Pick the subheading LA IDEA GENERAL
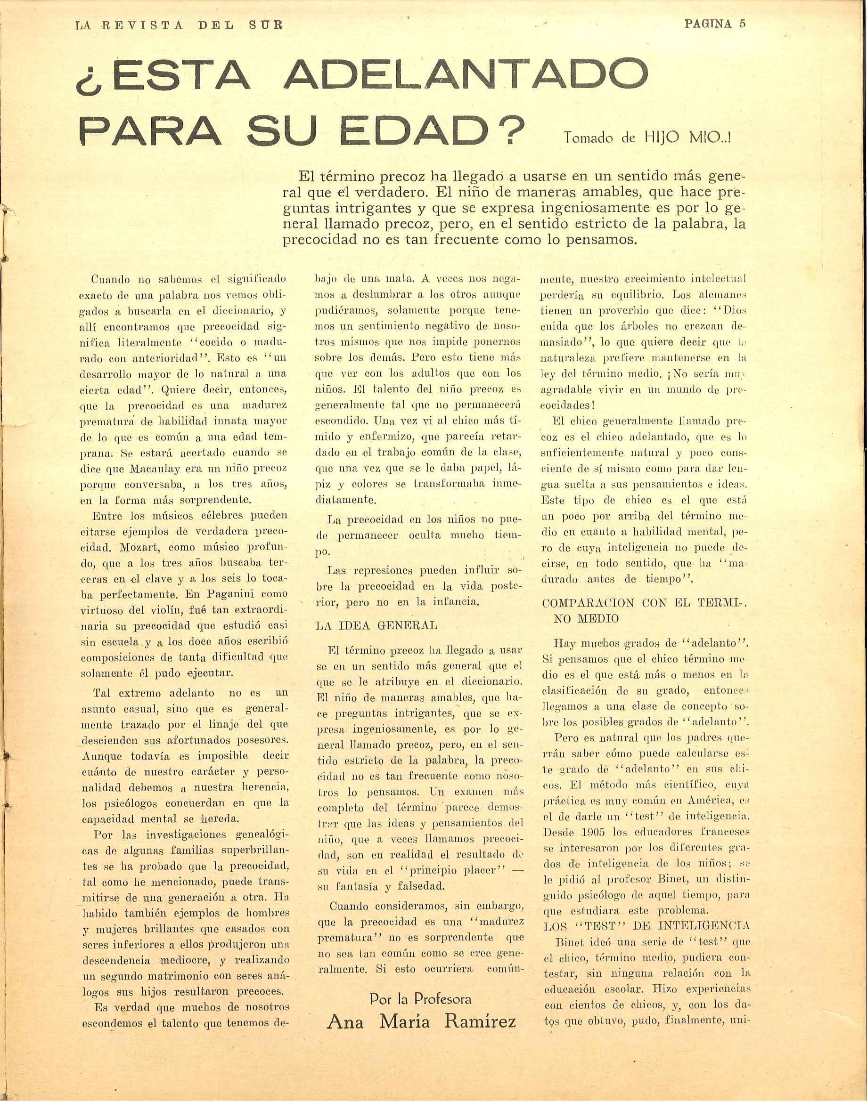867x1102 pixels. click(376, 625)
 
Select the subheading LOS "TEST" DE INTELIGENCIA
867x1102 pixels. click(646, 925)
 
